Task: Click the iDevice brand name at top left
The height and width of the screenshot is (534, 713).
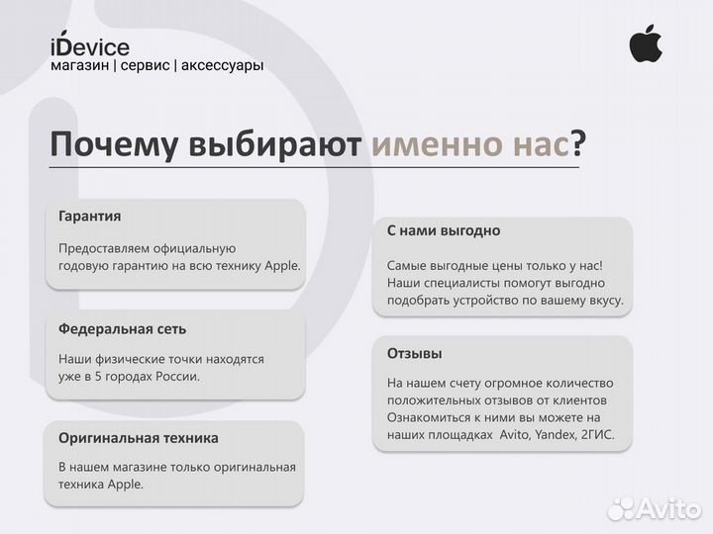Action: point(89,46)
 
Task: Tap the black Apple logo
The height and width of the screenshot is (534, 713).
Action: point(646,44)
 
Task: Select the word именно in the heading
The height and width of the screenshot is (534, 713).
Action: point(433,145)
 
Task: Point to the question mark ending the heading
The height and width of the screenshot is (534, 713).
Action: point(578,145)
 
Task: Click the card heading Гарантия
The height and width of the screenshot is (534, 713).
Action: point(90,216)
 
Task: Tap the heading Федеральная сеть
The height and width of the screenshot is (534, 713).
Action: point(122,328)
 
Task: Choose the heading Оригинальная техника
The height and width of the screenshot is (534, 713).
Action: point(139,437)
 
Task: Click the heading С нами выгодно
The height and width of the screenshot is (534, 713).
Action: point(443,230)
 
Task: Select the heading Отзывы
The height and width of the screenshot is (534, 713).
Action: point(414,353)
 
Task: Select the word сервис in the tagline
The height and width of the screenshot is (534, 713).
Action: point(144,65)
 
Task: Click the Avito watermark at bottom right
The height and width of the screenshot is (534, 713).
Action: point(653,508)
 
